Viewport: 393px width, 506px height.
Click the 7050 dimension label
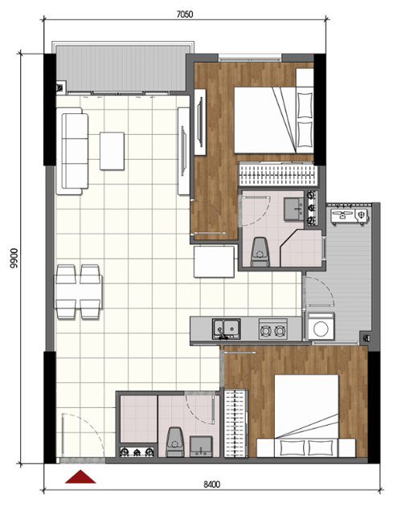coord(185,14)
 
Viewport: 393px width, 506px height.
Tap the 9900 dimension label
coord(14,258)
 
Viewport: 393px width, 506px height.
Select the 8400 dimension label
coord(212,484)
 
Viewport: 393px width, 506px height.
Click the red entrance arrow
coord(80,476)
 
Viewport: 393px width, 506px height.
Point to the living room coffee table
coord(112,151)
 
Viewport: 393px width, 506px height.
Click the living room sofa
coord(72,151)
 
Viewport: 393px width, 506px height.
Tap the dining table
coord(79,292)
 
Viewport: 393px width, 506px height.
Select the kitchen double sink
coord(226,328)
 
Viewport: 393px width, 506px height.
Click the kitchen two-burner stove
coord(273,329)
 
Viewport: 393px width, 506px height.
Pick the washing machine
coord(321,326)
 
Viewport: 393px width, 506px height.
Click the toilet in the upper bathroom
coord(260,252)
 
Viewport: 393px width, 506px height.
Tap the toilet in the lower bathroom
coord(174,442)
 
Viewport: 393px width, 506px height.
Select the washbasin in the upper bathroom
coord(294,209)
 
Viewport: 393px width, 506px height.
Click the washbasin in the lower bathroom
coord(201,447)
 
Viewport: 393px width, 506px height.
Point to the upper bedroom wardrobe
coord(277,174)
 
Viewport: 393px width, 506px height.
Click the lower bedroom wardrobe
coord(236,423)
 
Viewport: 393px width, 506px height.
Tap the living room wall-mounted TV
coord(184,151)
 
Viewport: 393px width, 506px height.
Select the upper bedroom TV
coord(200,122)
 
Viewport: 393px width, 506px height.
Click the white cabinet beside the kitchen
coord(214,262)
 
